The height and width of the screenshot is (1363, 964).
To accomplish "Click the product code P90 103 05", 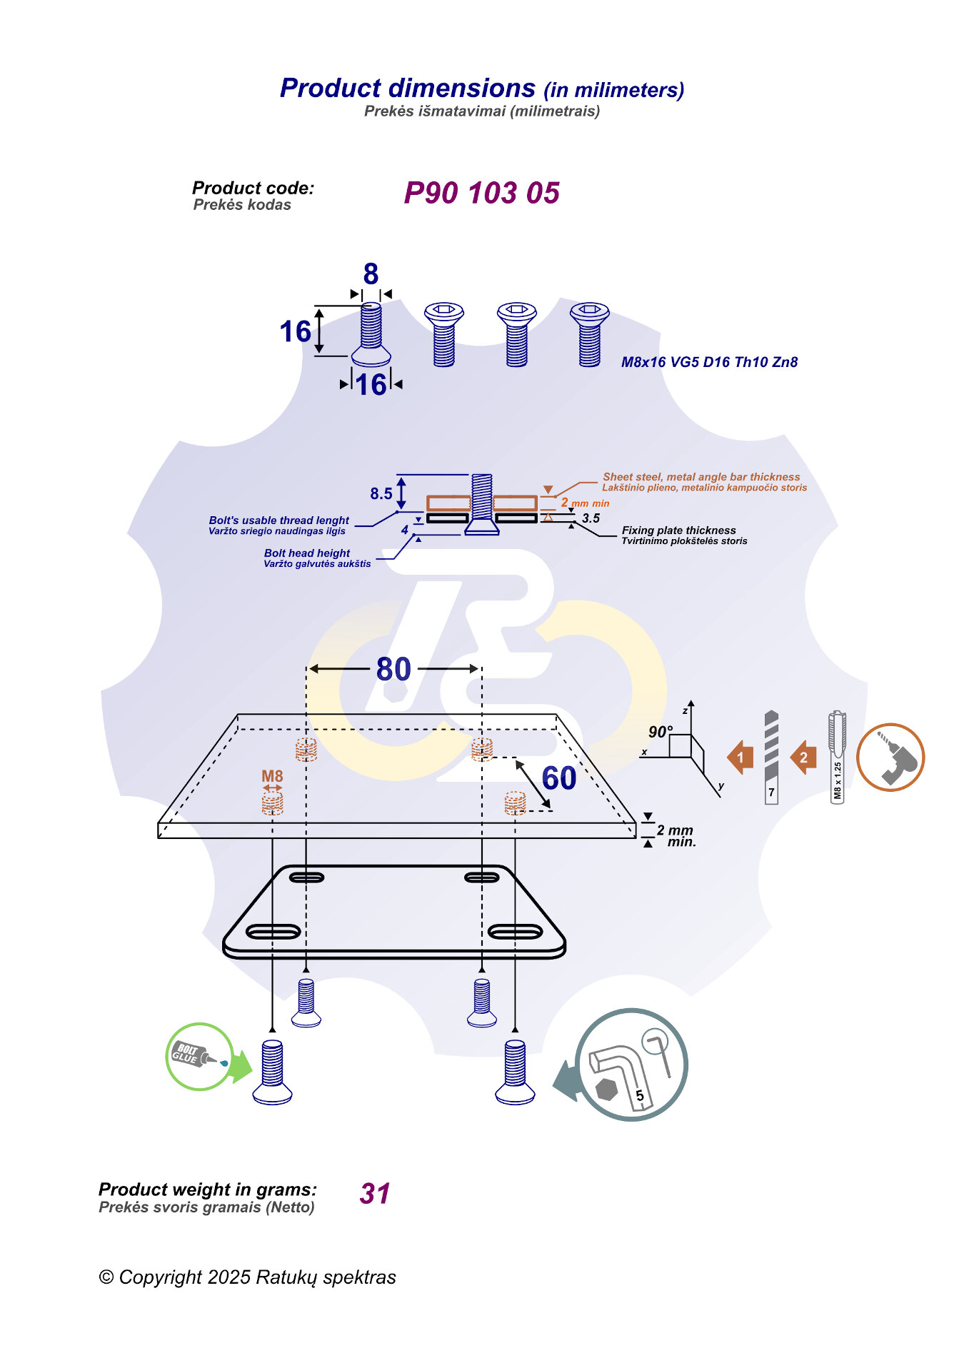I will (x=481, y=193).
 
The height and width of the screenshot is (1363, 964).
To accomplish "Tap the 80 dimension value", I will (x=393, y=670).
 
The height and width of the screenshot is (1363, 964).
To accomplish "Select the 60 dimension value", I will (x=558, y=778).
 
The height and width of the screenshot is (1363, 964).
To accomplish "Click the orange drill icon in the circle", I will (x=890, y=758).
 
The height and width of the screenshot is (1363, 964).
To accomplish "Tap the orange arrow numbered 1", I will (x=740, y=758).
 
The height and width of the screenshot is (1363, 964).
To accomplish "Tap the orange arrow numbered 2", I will (x=804, y=758).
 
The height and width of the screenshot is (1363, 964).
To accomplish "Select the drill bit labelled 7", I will (x=771, y=757).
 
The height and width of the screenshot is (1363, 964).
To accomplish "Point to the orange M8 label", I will (x=272, y=776).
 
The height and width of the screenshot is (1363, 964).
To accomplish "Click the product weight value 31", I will (x=375, y=1194).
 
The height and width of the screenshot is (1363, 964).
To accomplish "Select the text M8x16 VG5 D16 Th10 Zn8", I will (x=709, y=362).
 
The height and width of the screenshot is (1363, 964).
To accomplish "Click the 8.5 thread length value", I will (x=381, y=493).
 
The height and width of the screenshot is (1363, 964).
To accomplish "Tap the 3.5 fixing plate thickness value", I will (x=591, y=518).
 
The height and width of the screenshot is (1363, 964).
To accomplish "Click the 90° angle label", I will (x=660, y=732).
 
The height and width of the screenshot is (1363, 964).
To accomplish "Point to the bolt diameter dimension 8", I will (x=371, y=274).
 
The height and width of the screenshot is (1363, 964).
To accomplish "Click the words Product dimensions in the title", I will (x=408, y=88).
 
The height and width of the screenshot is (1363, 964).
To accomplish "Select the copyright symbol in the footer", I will (x=106, y=1277).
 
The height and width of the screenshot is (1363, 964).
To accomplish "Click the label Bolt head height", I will (x=307, y=553).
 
